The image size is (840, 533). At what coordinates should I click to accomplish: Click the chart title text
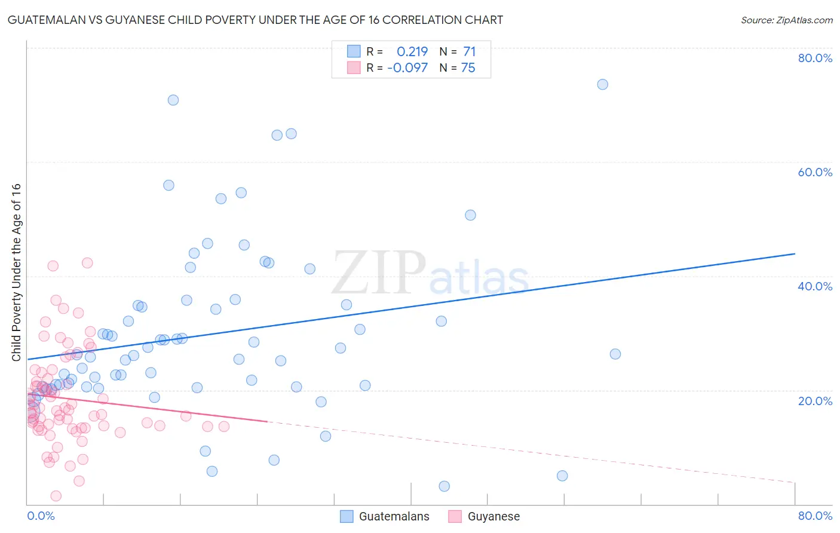pyautogui.click(x=255, y=20)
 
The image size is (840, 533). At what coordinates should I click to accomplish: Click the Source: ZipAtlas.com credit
pyautogui.click(x=786, y=20)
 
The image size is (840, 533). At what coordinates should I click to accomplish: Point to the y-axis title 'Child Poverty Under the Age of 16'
pyautogui.click(x=17, y=272)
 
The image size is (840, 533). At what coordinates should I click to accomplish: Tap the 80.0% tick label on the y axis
pyautogui.click(x=815, y=58)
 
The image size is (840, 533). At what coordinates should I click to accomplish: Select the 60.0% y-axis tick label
pyautogui.click(x=815, y=172)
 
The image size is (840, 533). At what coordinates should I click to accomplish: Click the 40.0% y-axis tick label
pyautogui.click(x=815, y=286)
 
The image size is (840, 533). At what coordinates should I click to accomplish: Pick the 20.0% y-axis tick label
pyautogui.click(x=815, y=400)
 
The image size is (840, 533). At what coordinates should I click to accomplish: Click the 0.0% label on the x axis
pyautogui.click(x=41, y=516)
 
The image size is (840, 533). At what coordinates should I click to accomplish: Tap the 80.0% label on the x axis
pyautogui.click(x=815, y=516)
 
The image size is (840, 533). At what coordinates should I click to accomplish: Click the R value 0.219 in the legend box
pyautogui.click(x=412, y=52)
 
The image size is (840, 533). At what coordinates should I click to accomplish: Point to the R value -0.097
pyautogui.click(x=407, y=68)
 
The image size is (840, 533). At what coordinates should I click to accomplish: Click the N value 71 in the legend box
pyautogui.click(x=470, y=52)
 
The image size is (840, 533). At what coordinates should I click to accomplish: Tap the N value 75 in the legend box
pyautogui.click(x=468, y=68)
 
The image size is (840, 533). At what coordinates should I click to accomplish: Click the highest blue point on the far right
pyautogui.click(x=602, y=84)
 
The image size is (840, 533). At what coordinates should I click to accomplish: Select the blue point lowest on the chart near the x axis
pyautogui.click(x=444, y=486)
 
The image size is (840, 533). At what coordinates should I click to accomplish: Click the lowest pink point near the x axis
pyautogui.click(x=56, y=496)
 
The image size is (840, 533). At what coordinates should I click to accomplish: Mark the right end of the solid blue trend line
pyautogui.click(x=795, y=254)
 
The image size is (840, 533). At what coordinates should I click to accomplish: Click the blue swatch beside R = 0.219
pyautogui.click(x=354, y=51)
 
